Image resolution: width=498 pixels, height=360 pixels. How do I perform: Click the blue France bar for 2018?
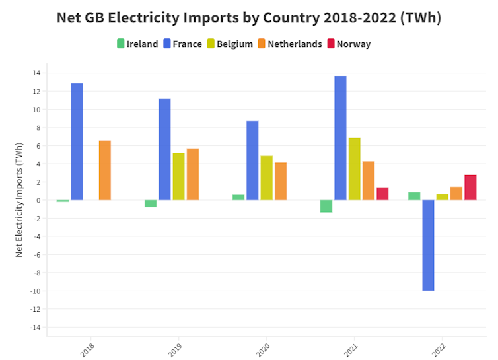coord(77,141)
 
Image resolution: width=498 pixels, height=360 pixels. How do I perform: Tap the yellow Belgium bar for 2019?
coord(178,176)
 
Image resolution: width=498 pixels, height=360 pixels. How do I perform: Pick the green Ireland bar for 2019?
coord(151,203)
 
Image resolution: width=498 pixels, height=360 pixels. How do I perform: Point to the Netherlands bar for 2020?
coord(281,181)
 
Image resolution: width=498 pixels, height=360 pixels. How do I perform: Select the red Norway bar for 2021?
coord(382,194)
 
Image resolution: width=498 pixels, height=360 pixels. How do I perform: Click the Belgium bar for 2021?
coord(354,169)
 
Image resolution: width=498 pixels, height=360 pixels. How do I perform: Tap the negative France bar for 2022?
coord(428,245)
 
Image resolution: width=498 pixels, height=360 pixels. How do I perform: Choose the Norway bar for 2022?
coord(470,188)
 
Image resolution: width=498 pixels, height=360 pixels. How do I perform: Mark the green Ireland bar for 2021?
coord(326,206)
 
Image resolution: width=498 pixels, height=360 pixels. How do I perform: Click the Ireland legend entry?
coord(137,44)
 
